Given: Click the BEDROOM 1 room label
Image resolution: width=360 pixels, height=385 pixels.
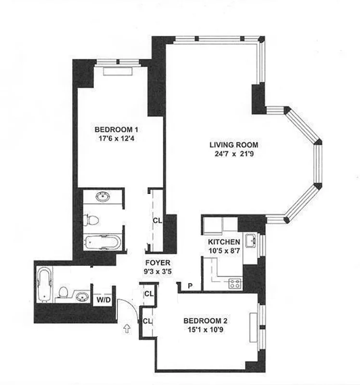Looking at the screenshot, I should tap(116, 129).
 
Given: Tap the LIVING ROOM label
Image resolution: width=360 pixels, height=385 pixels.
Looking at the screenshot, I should tap(234, 145).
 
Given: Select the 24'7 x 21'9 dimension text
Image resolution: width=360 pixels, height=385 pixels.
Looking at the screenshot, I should tap(234, 154).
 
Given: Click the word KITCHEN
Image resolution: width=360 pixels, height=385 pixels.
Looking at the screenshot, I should tap(224, 242).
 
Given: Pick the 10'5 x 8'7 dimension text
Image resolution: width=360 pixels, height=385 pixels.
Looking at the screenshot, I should tap(224, 250).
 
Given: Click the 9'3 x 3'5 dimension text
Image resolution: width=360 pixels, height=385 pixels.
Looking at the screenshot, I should tap(157, 272).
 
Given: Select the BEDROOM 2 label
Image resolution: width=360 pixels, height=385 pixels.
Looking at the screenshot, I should tap(205, 321).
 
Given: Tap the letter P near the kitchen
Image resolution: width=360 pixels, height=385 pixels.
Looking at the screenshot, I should tap(190, 285).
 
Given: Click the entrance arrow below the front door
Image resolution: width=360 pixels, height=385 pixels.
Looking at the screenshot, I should tap(128, 330).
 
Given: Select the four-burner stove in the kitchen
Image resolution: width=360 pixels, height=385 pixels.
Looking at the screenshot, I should tap(234, 283).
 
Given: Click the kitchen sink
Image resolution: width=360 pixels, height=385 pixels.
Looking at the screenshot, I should tap(250, 240).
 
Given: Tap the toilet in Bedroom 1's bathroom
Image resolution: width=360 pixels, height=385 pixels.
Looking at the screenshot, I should tap(91, 220).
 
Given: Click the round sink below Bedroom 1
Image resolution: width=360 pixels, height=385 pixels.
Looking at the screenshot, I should tap(102, 196).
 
